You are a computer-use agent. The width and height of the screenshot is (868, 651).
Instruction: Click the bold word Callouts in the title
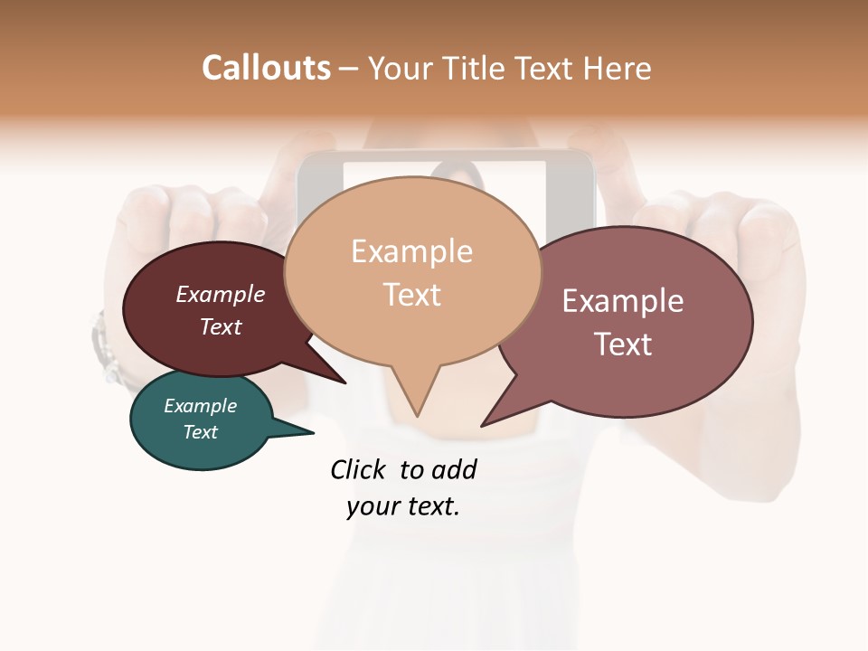tap(266, 68)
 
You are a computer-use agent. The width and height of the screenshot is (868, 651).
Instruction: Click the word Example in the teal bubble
tap(200, 406)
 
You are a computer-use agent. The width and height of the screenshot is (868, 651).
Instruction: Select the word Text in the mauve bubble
tap(623, 344)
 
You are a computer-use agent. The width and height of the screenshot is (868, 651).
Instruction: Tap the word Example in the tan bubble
tap(411, 251)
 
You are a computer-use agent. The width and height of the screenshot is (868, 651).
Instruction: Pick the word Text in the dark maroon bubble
tap(220, 326)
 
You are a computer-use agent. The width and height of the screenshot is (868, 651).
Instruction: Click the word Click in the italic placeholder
tap(359, 469)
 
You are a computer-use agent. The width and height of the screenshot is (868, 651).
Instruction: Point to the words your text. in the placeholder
tap(402, 507)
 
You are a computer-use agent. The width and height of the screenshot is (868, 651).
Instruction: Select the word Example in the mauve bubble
tap(623, 300)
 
